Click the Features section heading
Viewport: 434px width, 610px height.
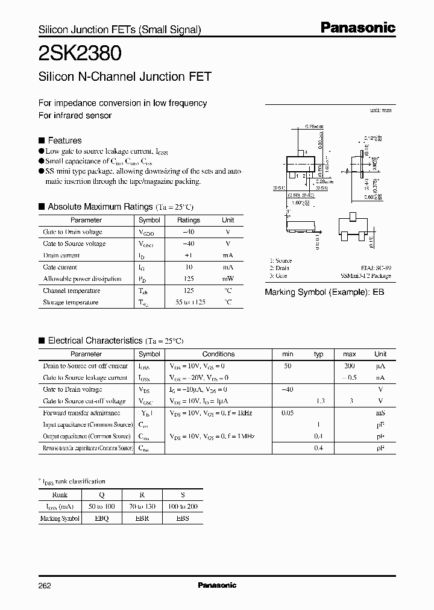tap(64, 139)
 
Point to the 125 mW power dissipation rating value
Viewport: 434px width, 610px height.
tap(189, 279)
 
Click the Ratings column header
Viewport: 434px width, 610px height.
tap(189, 221)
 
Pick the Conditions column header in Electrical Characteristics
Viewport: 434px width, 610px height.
tap(218, 354)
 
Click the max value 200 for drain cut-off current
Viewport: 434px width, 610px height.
tap(349, 366)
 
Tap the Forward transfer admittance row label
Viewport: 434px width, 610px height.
tap(82, 413)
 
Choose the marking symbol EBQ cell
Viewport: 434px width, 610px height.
tap(102, 518)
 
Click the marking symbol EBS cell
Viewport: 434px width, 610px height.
tap(183, 518)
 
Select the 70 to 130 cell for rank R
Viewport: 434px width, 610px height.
tap(142, 507)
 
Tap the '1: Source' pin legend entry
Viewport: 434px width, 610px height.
tap(280, 261)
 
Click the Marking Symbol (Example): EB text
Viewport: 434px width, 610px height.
tap(324, 292)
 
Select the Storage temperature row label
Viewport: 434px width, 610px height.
tap(71, 303)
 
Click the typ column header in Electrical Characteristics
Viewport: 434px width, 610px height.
tap(319, 354)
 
